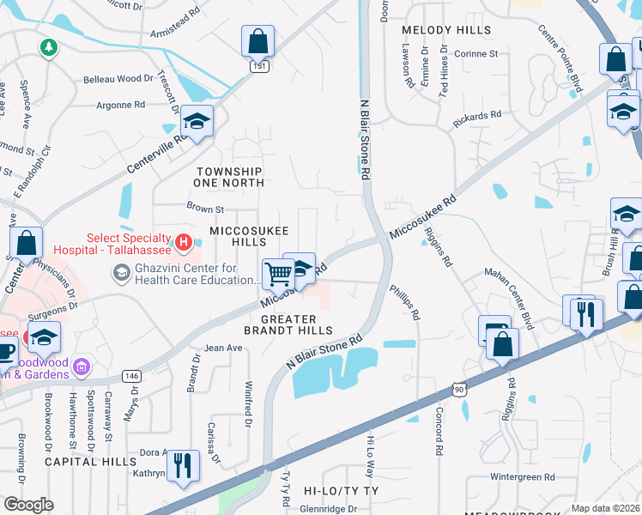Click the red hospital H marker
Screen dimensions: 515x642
tap(182, 244)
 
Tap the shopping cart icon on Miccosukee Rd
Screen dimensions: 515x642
tap(279, 275)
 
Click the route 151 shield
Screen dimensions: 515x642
tap(258, 66)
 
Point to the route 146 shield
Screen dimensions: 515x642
tap(131, 376)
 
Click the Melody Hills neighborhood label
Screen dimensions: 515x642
tap(437, 30)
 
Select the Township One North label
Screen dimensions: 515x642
tap(228, 177)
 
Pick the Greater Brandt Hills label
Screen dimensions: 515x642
tap(288, 324)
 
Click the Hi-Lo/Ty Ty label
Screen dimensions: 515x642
tap(341, 490)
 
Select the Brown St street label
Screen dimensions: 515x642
tap(205, 208)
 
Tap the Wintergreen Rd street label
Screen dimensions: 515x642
tap(523, 476)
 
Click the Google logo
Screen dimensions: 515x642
tap(28, 504)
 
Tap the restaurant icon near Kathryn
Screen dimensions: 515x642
tap(182, 465)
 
